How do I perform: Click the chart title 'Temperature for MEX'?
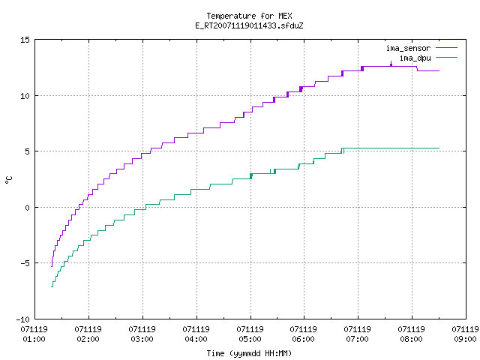click(x=249, y=16)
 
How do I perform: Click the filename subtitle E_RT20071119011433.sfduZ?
click(x=249, y=25)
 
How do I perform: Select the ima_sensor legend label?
click(x=408, y=48)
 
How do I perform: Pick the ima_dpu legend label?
click(x=415, y=58)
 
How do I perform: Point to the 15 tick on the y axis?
click(x=25, y=40)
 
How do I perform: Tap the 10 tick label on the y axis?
click(x=25, y=96)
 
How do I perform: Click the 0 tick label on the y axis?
click(x=27, y=208)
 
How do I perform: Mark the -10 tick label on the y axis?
click(x=23, y=319)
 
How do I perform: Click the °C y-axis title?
click(x=9, y=180)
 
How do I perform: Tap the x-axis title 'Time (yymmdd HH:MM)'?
click(x=249, y=353)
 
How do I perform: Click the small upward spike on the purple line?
click(x=391, y=62)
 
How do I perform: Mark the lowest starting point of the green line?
click(x=52, y=286)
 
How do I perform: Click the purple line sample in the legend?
click(x=447, y=48)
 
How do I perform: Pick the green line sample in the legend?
click(x=447, y=57)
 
